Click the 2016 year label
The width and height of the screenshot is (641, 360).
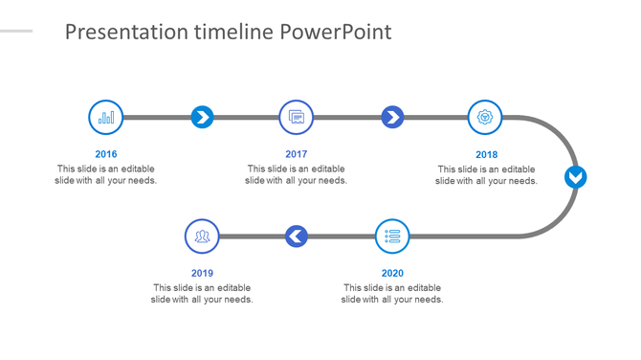tap(106, 154)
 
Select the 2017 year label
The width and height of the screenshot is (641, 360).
tap(297, 154)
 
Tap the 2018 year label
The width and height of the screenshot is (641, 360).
tap(487, 154)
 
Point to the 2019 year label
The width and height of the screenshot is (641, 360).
tap(202, 273)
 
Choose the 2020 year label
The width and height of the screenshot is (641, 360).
tap(392, 273)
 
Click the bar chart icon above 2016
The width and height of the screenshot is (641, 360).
tap(106, 118)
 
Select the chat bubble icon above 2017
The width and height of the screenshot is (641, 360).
tap(297, 118)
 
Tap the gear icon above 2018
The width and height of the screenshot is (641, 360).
tap(486, 118)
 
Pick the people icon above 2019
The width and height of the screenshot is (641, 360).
tap(202, 236)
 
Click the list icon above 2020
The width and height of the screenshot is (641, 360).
tap(392, 236)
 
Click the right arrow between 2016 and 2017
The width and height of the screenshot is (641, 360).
tap(202, 118)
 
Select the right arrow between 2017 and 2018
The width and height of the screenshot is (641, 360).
tap(392, 118)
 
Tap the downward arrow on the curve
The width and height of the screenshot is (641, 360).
tap(575, 177)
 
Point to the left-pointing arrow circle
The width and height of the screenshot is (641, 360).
tap(297, 236)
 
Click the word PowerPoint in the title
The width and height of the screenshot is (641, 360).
tap(336, 33)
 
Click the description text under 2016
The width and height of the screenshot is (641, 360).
tap(106, 174)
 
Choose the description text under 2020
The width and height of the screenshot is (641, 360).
tap(392, 293)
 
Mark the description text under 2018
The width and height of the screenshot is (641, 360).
tap(487, 174)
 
